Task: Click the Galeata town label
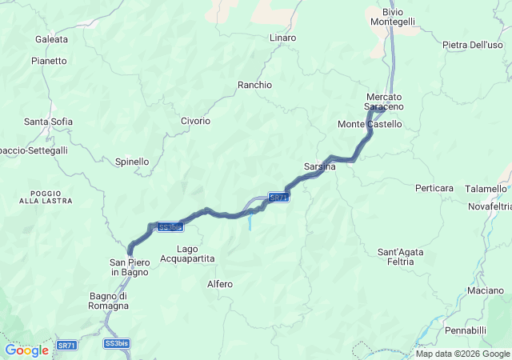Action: click(51, 38)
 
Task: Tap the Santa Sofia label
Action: click(48, 122)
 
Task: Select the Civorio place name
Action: click(195, 121)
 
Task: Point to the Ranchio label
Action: click(254, 85)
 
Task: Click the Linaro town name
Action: click(282, 38)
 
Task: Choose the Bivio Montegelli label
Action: click(393, 17)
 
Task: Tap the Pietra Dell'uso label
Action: click(472, 45)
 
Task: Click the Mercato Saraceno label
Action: click(384, 102)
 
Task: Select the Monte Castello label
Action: click(370, 124)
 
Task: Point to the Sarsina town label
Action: click(319, 166)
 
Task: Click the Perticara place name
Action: click(434, 188)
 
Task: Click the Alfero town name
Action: click(219, 284)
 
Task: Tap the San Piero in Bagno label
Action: click(129, 267)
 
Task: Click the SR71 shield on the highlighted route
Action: click(278, 197)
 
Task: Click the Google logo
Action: click(26, 350)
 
